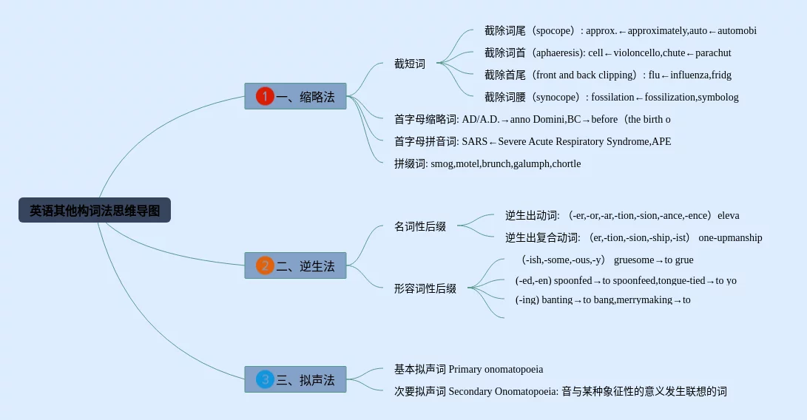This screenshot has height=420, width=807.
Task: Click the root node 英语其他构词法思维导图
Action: click(x=95, y=210)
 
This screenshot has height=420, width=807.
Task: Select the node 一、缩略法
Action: click(x=295, y=96)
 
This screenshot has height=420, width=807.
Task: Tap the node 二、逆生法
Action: click(x=295, y=265)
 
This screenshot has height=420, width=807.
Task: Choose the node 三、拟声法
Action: click(x=295, y=379)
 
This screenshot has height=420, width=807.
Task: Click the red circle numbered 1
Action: click(x=265, y=96)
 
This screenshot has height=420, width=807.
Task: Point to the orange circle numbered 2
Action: click(x=265, y=265)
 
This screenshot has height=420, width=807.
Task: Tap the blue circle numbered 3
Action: click(x=265, y=379)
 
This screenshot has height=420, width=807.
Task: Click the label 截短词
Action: click(x=410, y=64)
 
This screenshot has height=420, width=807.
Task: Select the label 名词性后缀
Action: click(x=420, y=226)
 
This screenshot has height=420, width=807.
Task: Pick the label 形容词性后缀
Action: click(x=425, y=288)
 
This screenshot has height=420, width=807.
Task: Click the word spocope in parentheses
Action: click(x=555, y=31)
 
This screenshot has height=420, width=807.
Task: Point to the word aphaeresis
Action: click(x=558, y=53)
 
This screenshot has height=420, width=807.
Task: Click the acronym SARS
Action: click(x=474, y=142)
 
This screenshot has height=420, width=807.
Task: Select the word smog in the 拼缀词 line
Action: click(x=442, y=164)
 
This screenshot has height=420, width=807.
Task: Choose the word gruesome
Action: click(x=634, y=260)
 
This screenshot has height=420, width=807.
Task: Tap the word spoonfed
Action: click(x=573, y=281)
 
